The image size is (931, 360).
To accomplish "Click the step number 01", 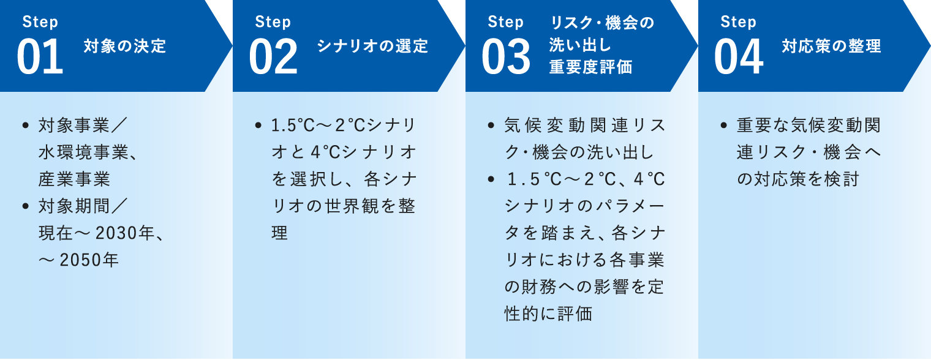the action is pos(40,56).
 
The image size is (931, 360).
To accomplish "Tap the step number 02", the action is pos(273,56).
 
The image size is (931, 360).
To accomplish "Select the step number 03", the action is pos(506,56).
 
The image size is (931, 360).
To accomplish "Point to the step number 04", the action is pos(739,56).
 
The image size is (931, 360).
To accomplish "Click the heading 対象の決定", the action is pos(125,46).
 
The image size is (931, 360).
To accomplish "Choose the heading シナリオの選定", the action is pos(372,46).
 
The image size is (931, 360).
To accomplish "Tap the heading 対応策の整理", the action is pos(831,46).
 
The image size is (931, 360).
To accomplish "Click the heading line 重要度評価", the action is pos(590,67).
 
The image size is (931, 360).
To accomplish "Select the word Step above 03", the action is pos(505,22).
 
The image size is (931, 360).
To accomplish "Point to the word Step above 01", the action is pos(40,22).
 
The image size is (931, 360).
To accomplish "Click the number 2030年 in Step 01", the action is pos(125,233).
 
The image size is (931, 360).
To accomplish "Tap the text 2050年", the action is pos(89,260).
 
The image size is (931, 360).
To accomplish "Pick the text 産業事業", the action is pos(74,179).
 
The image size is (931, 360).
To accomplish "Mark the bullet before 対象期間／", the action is pos(26,206).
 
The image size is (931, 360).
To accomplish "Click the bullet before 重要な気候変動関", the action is pos(724,125).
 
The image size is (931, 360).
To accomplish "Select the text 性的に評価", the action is pos(548,314).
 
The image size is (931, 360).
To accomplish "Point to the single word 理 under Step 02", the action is pos(279,233).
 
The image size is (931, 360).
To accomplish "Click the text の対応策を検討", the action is pos(798,179).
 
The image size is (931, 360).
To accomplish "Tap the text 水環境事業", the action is pos(83,152).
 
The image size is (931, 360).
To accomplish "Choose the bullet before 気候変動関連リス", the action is pos(491,125).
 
